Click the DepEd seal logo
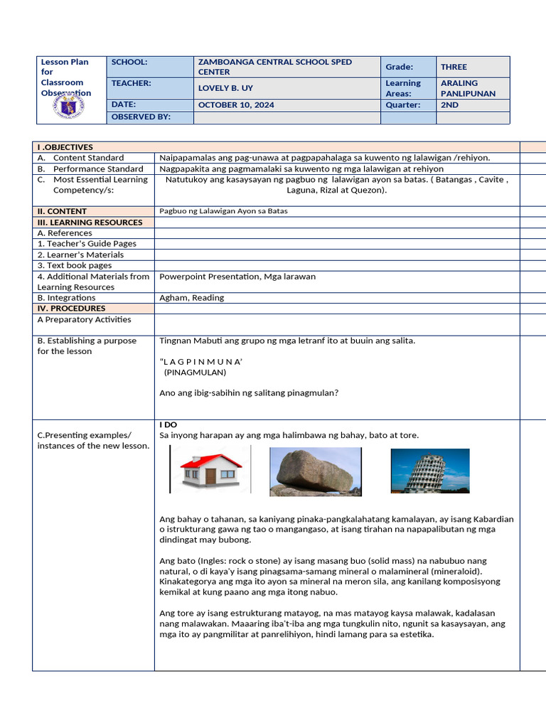pos(69,107)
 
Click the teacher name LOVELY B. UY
pos(225,88)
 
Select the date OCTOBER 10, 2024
pos(236,105)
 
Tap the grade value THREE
pos(454,67)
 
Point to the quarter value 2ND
pos(450,105)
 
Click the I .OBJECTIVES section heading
pos(65,147)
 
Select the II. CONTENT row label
pos(62,211)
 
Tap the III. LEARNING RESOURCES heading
pos(90,223)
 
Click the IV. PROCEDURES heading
pos(71,309)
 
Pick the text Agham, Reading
pos(191,298)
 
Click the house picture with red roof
pos(210,469)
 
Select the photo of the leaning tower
pos(429,471)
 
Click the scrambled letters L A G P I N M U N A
pos(202,362)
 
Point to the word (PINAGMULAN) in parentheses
pos(195,372)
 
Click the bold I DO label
pos(168,424)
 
